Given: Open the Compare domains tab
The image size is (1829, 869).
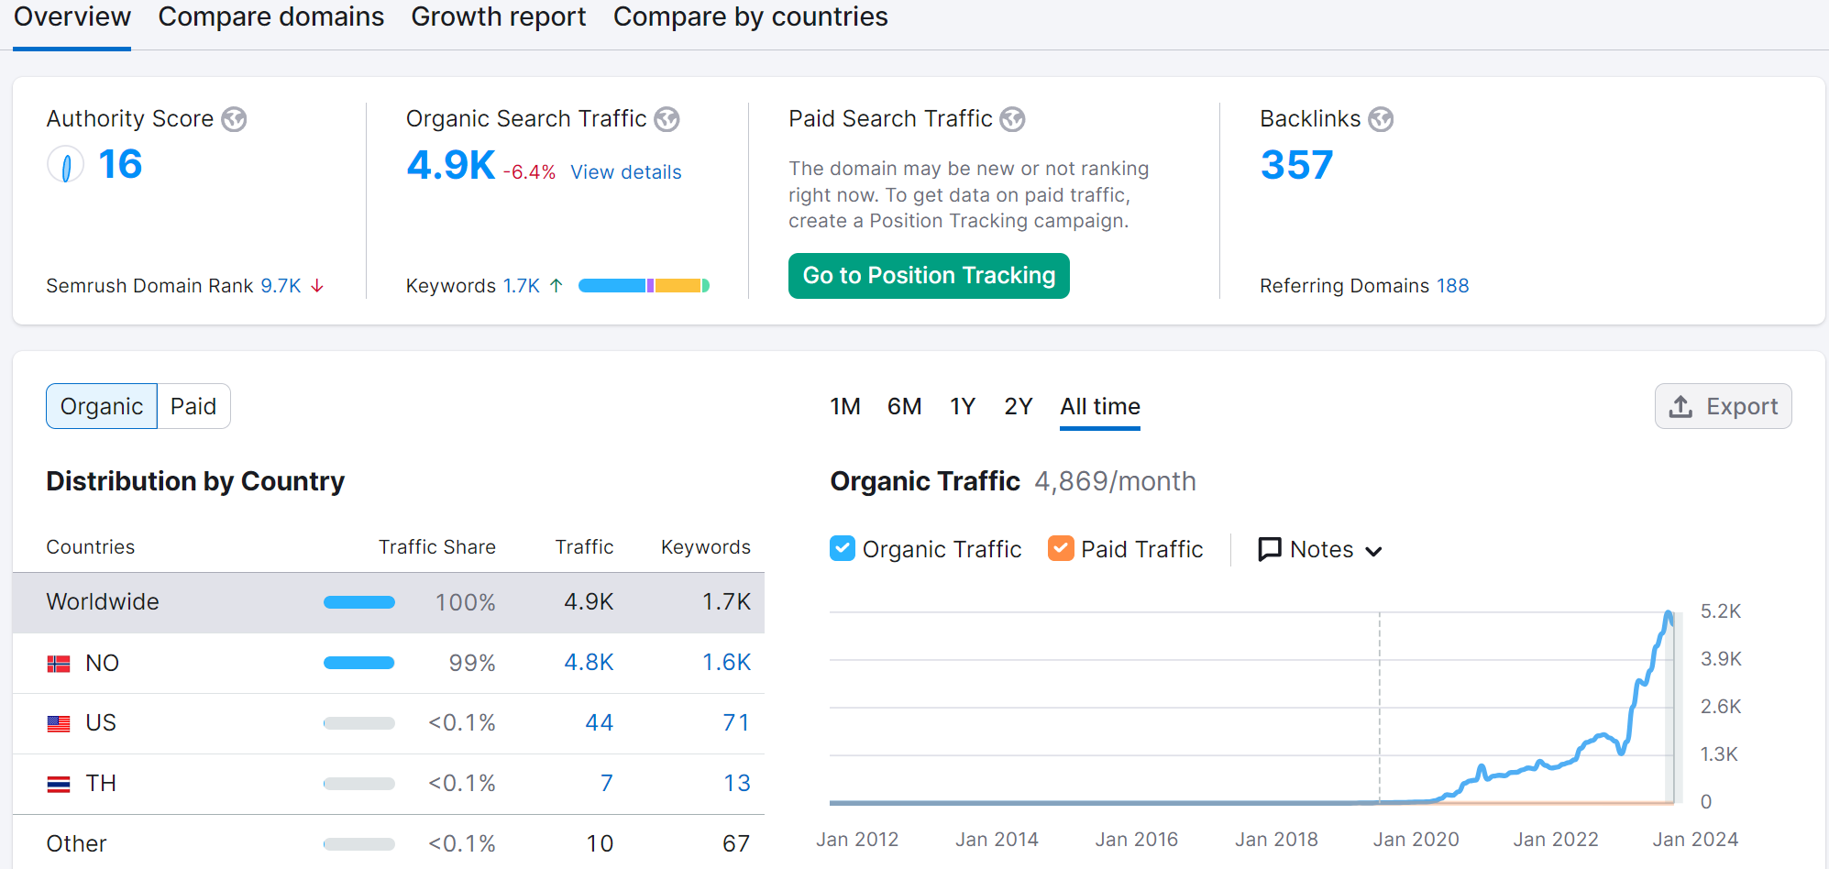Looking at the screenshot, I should pyautogui.click(x=270, y=17).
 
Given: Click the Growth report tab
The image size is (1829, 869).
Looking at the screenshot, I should pyautogui.click(x=498, y=17).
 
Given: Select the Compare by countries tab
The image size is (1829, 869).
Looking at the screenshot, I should pyautogui.click(x=750, y=17).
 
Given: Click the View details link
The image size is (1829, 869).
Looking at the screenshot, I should pyautogui.click(x=625, y=172).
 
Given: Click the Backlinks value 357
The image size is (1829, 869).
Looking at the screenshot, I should pyautogui.click(x=1295, y=165).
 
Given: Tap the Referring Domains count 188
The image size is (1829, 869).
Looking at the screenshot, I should pyautogui.click(x=1452, y=286).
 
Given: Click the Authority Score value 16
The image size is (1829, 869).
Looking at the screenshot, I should pyautogui.click(x=119, y=165).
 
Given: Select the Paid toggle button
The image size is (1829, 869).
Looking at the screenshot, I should pyautogui.click(x=193, y=406).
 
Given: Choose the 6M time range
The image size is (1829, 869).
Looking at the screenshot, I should pyautogui.click(x=904, y=406).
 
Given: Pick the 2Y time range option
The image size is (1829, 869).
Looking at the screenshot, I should pyautogui.click(x=1018, y=406).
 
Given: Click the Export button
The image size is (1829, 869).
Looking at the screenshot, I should pyautogui.click(x=1723, y=406).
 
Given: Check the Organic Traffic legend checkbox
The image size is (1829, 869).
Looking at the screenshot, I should pyautogui.click(x=842, y=548).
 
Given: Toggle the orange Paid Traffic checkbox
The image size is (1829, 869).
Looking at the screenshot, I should pyautogui.click(x=1061, y=548).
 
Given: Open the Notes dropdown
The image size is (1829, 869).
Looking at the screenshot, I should pyautogui.click(x=1320, y=549).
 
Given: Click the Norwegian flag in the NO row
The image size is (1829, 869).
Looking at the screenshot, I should pyautogui.click(x=59, y=663).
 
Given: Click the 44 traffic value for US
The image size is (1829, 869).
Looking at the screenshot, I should pyautogui.click(x=599, y=723).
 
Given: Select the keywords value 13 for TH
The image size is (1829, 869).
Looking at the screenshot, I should pyautogui.click(x=736, y=784).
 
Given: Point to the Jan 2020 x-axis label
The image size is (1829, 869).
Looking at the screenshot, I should pyautogui.click(x=1416, y=840).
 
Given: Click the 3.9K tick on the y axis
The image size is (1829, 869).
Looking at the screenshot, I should pyautogui.click(x=1721, y=659).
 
